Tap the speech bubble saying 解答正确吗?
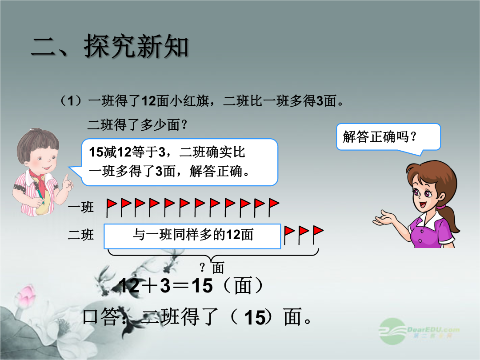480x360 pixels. point(388,137)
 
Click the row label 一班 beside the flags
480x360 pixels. point(81,207)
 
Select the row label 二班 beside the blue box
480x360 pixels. point(81,235)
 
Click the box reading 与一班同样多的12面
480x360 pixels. point(192,236)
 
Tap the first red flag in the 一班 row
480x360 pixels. point(112,208)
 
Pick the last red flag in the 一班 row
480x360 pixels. point(274,208)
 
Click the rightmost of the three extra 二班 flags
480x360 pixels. point(318,235)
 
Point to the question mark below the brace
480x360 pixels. point(202,268)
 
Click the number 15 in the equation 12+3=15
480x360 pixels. point(202,286)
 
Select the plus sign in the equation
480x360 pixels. point(150,286)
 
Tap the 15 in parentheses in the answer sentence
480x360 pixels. point(254,317)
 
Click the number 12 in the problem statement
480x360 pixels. point(149,101)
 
